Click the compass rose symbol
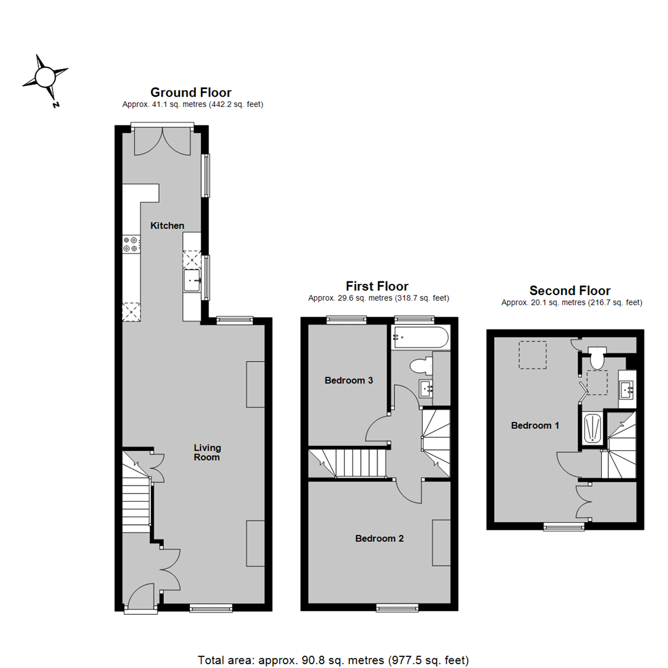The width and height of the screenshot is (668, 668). coord(45,78)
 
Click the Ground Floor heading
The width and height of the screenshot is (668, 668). coord(191,93)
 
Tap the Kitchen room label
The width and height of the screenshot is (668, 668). coord(168,226)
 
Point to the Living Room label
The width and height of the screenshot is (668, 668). coord(207,452)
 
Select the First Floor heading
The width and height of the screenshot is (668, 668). coord(377,286)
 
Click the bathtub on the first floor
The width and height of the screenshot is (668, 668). coord(420,338)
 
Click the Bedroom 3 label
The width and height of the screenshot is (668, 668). coord(348,380)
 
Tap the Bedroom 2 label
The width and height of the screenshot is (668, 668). coord(379,539)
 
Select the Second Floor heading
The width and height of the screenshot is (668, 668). coord(570,291)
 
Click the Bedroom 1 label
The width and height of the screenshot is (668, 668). coord(535,426)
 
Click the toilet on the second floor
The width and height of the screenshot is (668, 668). coord(597,358)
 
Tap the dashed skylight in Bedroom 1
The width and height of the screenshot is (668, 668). coord(533,355)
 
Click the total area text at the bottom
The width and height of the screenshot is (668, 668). coord(333,659)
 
